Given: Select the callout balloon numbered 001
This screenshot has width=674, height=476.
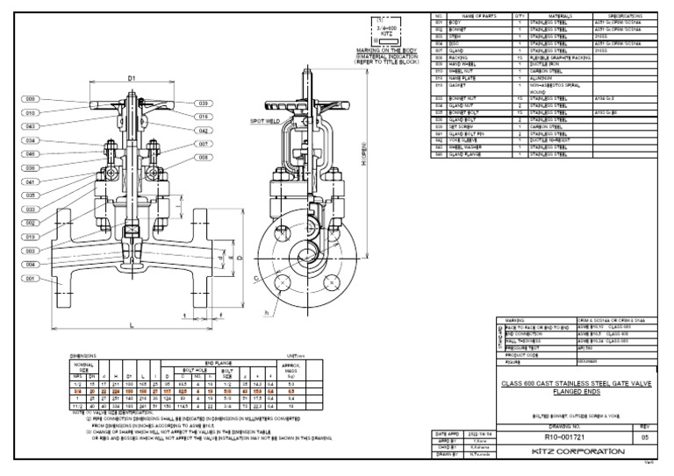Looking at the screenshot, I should [x=32, y=278].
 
